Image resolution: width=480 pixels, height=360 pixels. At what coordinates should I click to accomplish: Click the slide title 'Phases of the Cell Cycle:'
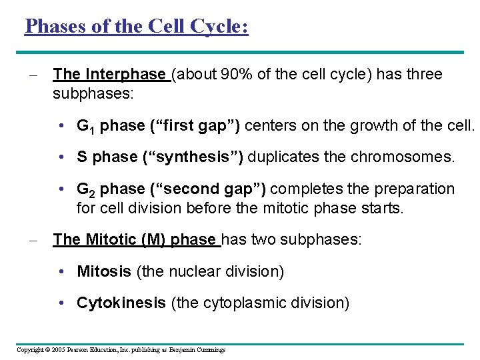coord(136,26)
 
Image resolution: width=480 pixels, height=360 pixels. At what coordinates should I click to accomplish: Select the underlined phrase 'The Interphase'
coord(109,74)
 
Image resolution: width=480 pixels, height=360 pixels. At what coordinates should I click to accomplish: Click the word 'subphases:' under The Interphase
coord(93,93)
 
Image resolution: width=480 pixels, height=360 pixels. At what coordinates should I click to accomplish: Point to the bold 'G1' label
coord(86,125)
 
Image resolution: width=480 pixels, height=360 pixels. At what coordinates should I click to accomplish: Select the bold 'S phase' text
coord(105,157)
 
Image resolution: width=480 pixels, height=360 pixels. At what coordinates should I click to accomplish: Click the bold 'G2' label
coord(86,190)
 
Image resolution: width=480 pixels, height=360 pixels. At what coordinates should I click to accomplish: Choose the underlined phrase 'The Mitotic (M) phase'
coord(135,239)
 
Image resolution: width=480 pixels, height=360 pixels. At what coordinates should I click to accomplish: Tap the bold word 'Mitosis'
coord(104,271)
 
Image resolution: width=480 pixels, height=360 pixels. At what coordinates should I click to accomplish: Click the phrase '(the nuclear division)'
coord(210,271)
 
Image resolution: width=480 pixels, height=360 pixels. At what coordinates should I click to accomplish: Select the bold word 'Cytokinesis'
coord(121,303)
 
